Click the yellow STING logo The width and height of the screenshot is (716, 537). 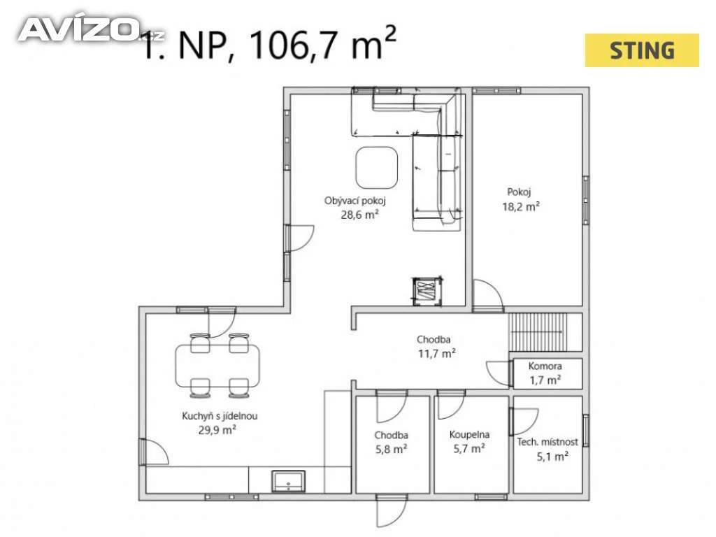coord(642,50)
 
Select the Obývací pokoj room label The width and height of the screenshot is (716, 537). coord(355,201)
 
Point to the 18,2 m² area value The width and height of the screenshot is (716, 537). coord(520,206)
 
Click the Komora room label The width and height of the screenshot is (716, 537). coord(545,366)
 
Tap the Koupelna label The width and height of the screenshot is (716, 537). coord(469,434)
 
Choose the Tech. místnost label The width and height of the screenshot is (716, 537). coord(547,442)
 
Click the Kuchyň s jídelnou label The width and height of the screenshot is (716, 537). coord(219,416)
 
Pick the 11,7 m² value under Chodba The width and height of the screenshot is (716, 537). coord(436,353)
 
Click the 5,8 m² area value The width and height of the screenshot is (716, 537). coord(391,450)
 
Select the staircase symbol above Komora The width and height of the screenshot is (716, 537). coord(538,332)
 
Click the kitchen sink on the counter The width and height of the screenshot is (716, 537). coord(289,481)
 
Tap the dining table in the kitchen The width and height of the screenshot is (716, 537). coord(217,366)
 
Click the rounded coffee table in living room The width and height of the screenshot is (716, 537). coord(376,168)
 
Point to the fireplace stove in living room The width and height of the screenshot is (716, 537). coord(427,291)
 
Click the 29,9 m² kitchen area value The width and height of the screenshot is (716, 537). coord(217,430)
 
